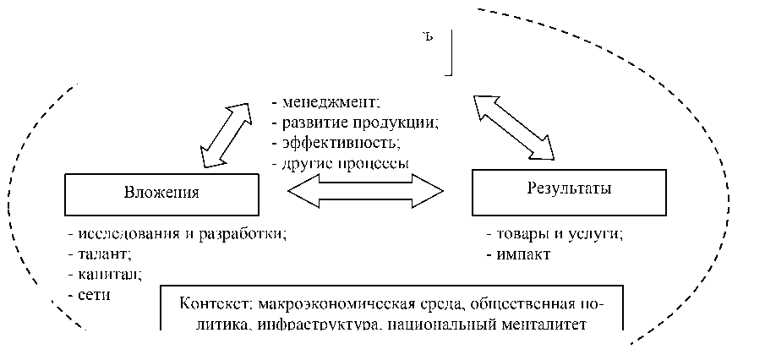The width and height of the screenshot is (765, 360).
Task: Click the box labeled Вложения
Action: pyautogui.click(x=161, y=194)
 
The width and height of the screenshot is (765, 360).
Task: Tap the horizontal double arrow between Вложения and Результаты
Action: pyautogui.click(x=364, y=191)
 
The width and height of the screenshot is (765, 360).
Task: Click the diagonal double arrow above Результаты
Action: pyautogui.click(x=514, y=127)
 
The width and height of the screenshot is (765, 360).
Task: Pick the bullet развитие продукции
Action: pyautogui.click(x=354, y=123)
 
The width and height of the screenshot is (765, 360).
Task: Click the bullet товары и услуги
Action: pyautogui.click(x=555, y=234)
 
